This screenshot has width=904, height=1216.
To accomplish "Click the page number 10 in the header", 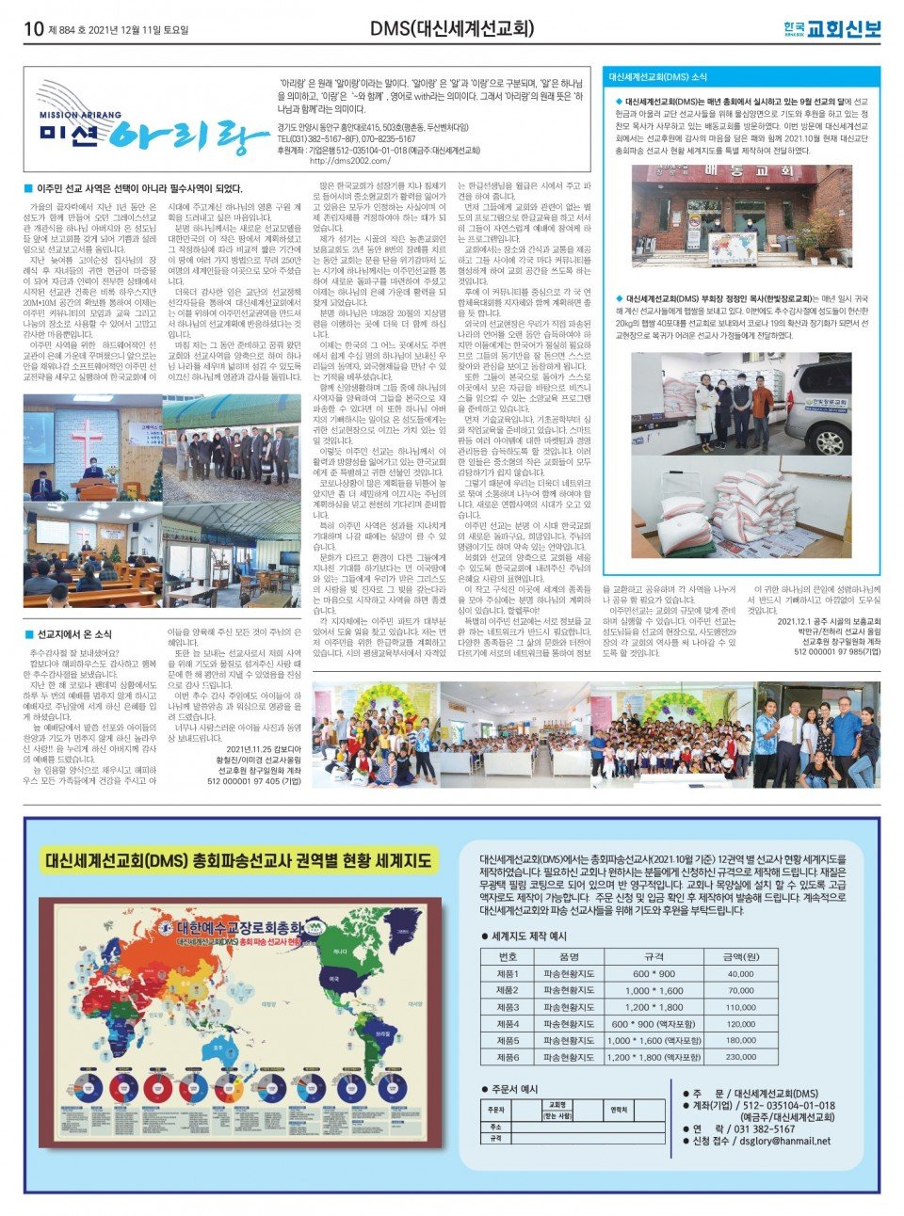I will pos(33,29).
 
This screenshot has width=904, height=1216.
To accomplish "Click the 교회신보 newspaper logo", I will pos(841,29).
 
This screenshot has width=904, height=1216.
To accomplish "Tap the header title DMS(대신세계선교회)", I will pos(452,29).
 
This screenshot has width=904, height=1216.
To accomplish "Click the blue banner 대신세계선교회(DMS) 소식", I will pos(659,76).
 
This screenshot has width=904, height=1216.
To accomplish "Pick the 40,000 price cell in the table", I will pos(740,974).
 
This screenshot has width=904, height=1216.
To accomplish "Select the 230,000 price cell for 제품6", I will pos(740,1057).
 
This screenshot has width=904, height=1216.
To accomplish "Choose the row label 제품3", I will pos(508,1007).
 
